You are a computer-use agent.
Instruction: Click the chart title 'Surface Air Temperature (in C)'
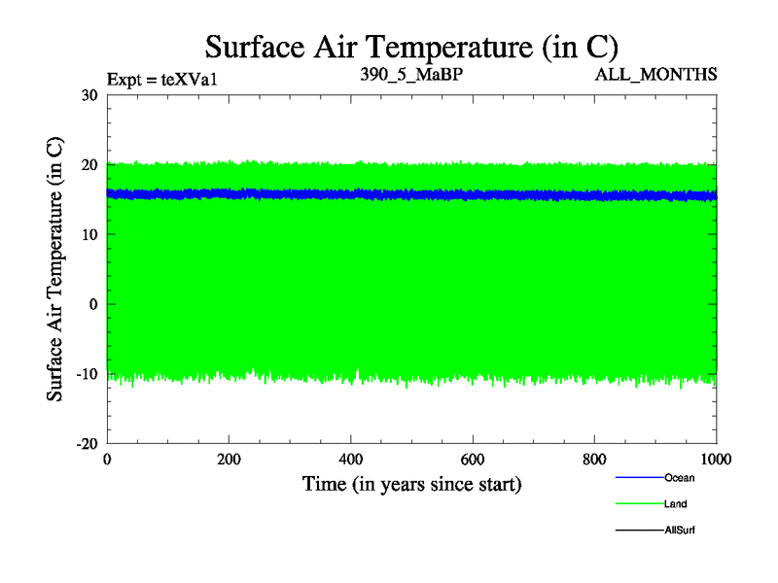click(411, 46)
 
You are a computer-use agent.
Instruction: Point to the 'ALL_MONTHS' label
click(664, 75)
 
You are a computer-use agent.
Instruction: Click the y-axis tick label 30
click(89, 95)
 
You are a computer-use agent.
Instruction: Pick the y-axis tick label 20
click(89, 165)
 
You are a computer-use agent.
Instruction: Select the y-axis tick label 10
click(89, 234)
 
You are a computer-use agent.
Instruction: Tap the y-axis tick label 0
click(93, 304)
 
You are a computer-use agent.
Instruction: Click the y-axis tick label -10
click(87, 374)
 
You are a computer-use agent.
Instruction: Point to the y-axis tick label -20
click(87, 443)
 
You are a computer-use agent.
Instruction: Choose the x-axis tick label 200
click(229, 460)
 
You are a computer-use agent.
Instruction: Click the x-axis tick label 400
click(350, 460)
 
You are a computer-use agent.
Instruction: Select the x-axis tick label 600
click(473, 460)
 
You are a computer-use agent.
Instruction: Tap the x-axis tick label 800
click(594, 460)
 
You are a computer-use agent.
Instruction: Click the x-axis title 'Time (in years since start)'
click(411, 483)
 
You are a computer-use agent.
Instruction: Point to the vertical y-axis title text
click(55, 269)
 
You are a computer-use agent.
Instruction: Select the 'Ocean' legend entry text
click(679, 477)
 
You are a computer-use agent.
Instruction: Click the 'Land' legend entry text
click(676, 503)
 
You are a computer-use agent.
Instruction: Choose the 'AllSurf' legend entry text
click(679, 530)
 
